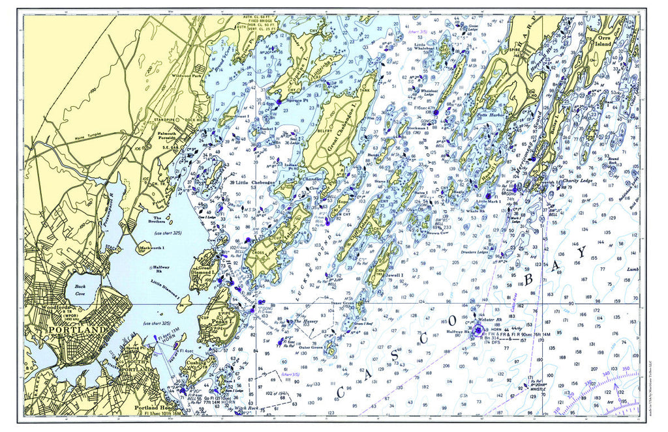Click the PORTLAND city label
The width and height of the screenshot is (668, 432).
coord(77,330)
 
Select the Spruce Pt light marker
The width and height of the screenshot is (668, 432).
coord(279,102)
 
